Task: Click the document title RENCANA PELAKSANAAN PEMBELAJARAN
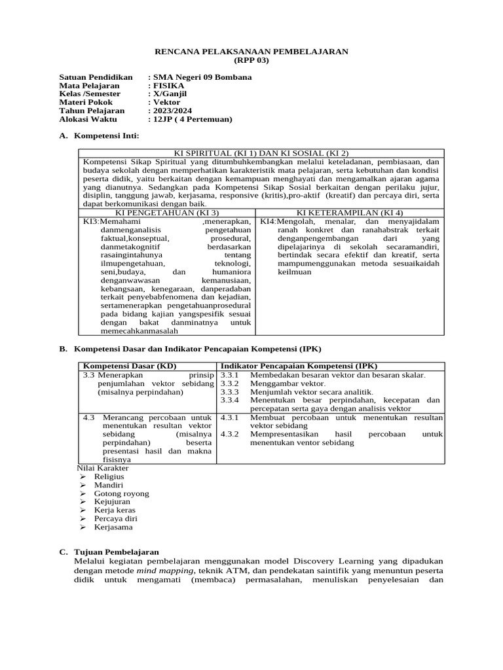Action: tap(251, 51)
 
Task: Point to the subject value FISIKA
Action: tap(169, 85)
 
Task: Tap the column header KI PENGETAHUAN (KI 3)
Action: tap(167, 213)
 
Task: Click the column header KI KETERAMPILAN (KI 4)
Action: tap(350, 213)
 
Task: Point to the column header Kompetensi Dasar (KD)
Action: tap(130, 366)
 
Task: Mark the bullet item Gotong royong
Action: tap(121, 493)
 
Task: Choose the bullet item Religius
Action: tap(109, 476)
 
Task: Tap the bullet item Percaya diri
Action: tap(116, 518)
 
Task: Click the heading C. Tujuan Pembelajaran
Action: tap(117, 552)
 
